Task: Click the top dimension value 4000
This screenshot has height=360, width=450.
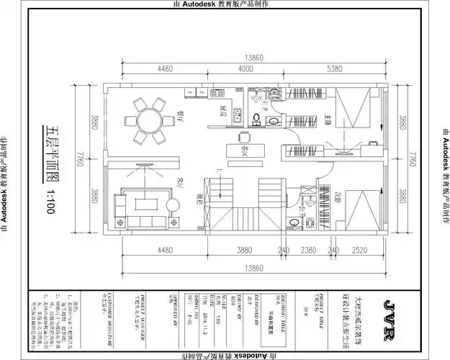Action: click(x=246, y=69)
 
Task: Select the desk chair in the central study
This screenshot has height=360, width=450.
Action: click(x=243, y=137)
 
